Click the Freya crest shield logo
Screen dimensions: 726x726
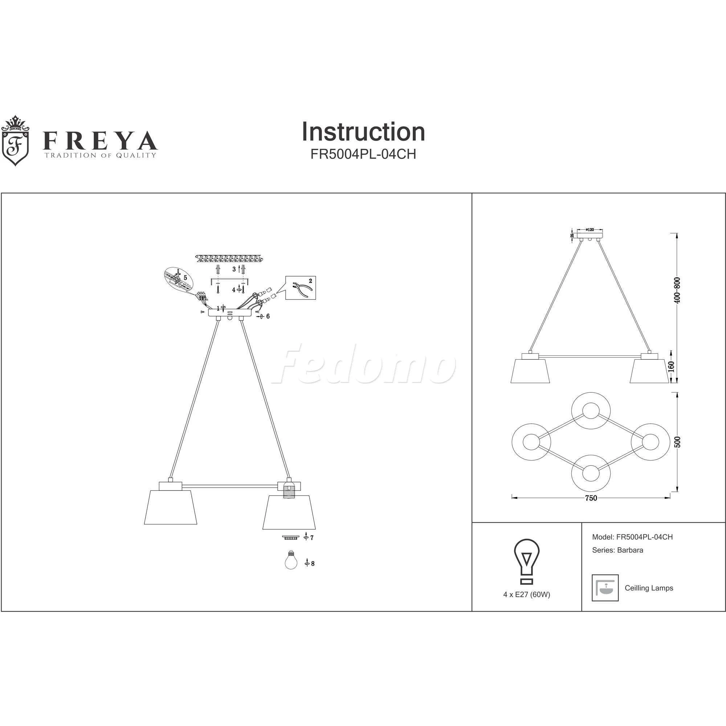(x=15, y=141)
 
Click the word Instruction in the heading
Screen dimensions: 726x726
(x=363, y=132)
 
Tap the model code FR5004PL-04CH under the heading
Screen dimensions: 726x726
(x=363, y=154)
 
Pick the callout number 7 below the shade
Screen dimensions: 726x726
(x=312, y=538)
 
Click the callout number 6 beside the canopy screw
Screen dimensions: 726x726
(x=268, y=317)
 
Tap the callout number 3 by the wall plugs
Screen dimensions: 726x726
(x=234, y=269)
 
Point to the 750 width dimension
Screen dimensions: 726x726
(x=591, y=498)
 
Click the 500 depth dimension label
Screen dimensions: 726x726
(x=677, y=442)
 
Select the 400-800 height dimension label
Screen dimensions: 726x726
(x=677, y=290)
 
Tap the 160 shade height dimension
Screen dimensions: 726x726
(x=672, y=366)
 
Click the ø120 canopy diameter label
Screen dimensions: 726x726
(x=590, y=230)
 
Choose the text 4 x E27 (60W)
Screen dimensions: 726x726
(x=526, y=595)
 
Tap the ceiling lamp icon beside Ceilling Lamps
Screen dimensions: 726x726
(x=605, y=588)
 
